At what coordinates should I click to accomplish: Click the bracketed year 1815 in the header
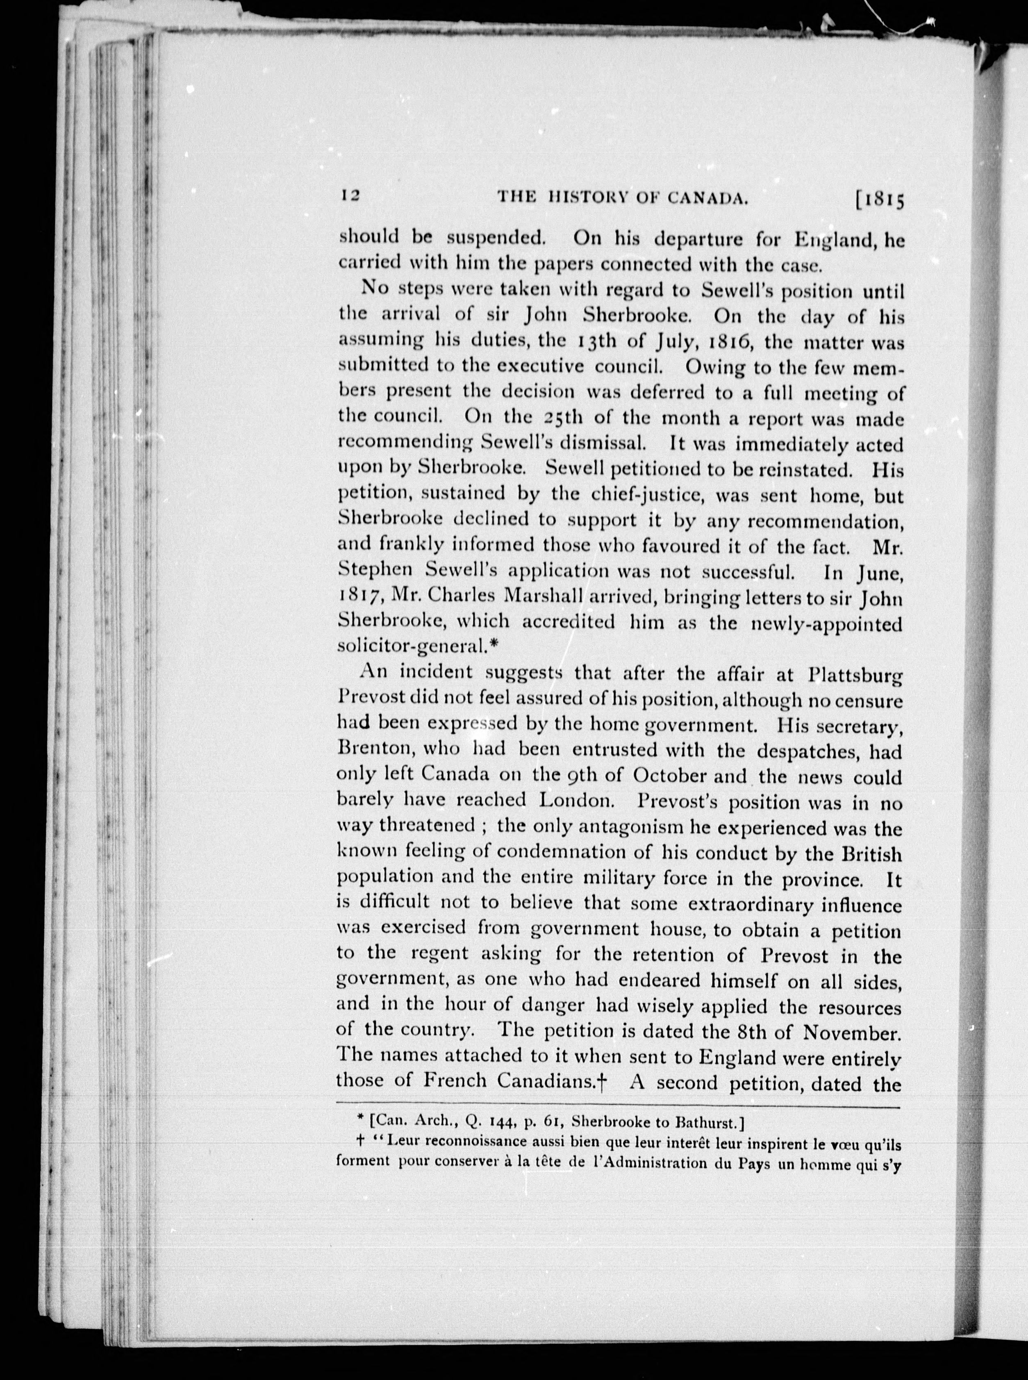click(x=879, y=199)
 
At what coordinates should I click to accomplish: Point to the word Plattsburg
click(x=855, y=675)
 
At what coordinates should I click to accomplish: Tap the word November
click(x=852, y=1033)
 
